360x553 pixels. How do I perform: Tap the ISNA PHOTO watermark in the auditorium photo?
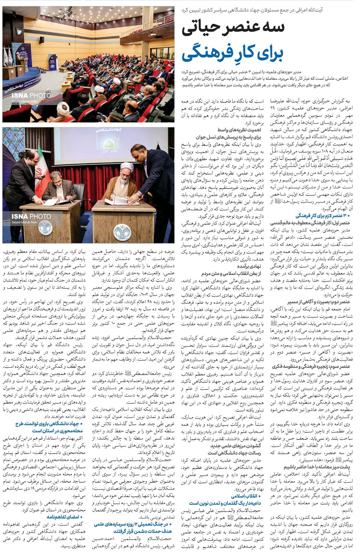pos(31,96)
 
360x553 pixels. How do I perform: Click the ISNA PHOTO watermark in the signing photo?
pos(31,216)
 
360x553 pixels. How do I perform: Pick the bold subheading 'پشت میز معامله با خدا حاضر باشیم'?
pos(317,467)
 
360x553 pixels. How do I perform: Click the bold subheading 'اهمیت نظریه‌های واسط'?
pos(239,130)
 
